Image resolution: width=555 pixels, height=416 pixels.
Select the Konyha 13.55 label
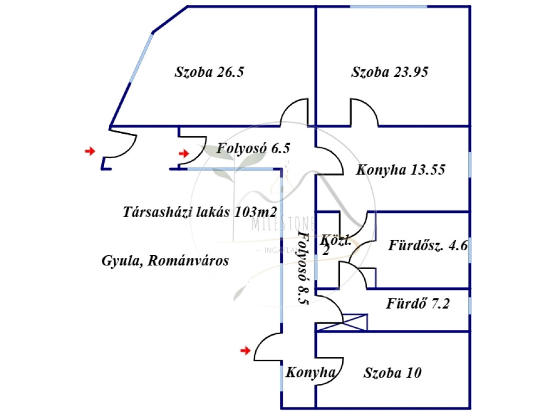pyautogui.click(x=401, y=170)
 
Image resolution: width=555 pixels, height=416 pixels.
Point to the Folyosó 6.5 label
pyautogui.click(x=254, y=148)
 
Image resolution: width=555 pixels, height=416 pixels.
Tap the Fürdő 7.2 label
pyautogui.click(x=417, y=303)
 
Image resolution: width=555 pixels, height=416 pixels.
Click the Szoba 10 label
pyautogui.click(x=392, y=373)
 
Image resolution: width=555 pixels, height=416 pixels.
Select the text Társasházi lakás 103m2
pyautogui.click(x=201, y=211)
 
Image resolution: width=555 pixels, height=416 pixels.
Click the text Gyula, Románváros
pyautogui.click(x=165, y=261)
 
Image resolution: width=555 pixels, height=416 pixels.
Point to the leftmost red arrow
pyautogui.click(x=89, y=151)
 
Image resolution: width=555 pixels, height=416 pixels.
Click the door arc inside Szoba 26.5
pyautogui.click(x=294, y=113)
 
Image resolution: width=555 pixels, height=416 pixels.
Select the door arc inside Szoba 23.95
pyautogui.click(x=364, y=113)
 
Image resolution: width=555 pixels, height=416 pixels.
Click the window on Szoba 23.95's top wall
pyautogui.click(x=388, y=6)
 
